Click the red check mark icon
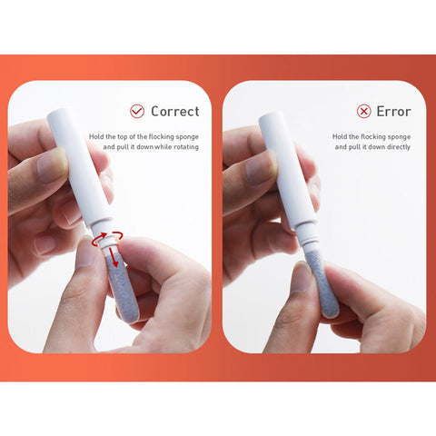coord(137,111)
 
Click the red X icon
coord(363,111)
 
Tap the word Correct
coord(175,112)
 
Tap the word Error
coord(393,112)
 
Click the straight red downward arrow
coord(114,257)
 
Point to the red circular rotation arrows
coord(108,238)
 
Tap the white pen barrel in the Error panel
coord(288,171)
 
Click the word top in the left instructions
coord(123,137)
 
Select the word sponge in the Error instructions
coord(400,137)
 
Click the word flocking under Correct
coord(162,137)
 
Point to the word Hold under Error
coord(339,136)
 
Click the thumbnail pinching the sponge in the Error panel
coord(302,278)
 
